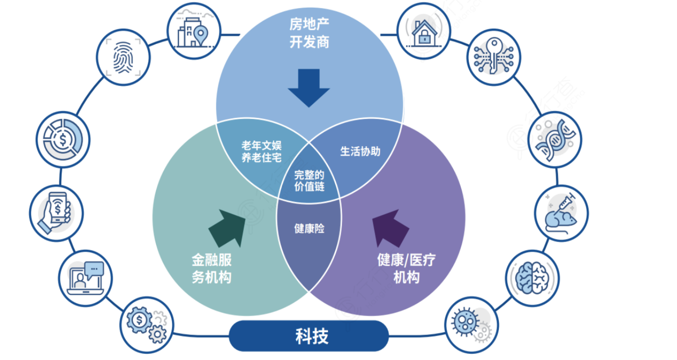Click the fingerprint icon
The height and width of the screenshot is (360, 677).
tap(123, 57)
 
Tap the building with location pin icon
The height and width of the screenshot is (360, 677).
tap(193, 31)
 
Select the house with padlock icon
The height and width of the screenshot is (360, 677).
tap(423, 31)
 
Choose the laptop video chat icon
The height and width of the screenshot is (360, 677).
tap(85, 278)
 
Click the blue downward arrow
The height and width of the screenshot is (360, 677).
tap(309, 87)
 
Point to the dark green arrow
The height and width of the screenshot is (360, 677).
tap(227, 228)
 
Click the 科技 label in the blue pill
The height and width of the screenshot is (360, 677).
tap(311, 336)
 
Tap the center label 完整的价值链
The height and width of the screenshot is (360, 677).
tap(309, 180)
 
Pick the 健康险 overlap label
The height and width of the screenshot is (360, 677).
tap(309, 228)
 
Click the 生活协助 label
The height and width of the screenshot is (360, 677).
tap(360, 152)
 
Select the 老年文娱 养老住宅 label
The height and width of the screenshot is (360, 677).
tap(261, 152)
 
